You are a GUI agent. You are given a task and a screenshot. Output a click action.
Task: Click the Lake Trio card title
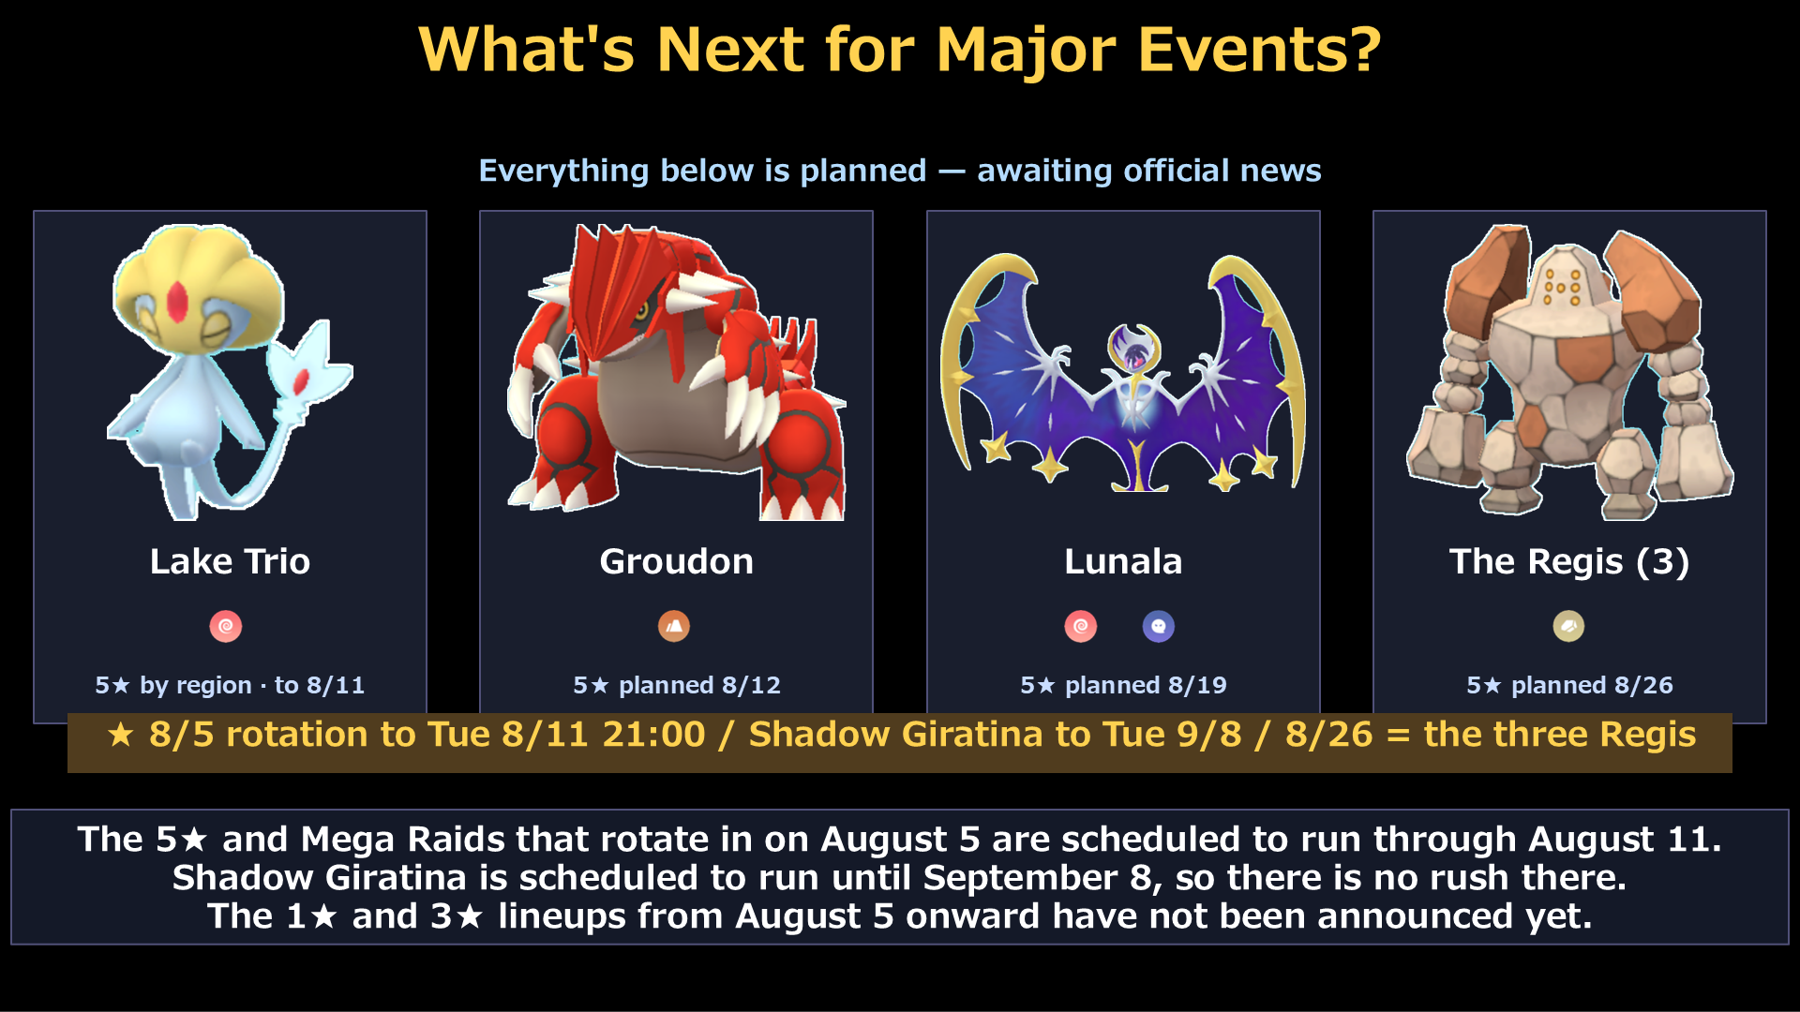tap(230, 561)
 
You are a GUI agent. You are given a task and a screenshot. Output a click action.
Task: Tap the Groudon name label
tap(676, 561)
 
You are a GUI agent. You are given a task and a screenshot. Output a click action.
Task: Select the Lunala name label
tap(1123, 561)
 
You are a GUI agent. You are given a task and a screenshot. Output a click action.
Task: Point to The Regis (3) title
tap(1569, 561)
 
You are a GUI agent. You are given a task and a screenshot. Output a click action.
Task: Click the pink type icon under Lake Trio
tap(226, 626)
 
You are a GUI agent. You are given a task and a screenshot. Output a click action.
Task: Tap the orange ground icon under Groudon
tap(674, 626)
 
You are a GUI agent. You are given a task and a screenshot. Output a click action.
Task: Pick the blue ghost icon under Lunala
tap(1159, 626)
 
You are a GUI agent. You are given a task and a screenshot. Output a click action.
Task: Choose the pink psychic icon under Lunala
tap(1081, 626)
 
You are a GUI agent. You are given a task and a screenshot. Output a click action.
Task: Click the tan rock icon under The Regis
tap(1568, 626)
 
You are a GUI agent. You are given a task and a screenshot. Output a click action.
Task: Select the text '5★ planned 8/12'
tap(676, 685)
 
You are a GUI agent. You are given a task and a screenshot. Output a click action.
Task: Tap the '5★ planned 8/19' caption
tap(1123, 685)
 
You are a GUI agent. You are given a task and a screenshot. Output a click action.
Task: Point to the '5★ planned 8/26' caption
tap(1569, 685)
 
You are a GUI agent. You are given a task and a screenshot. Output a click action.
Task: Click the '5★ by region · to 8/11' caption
tap(230, 685)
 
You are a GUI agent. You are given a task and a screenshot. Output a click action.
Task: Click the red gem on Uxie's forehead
tap(177, 303)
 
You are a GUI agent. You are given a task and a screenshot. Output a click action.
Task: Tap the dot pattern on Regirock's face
tap(1563, 287)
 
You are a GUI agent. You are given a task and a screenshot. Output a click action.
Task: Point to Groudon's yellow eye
tap(642, 311)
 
